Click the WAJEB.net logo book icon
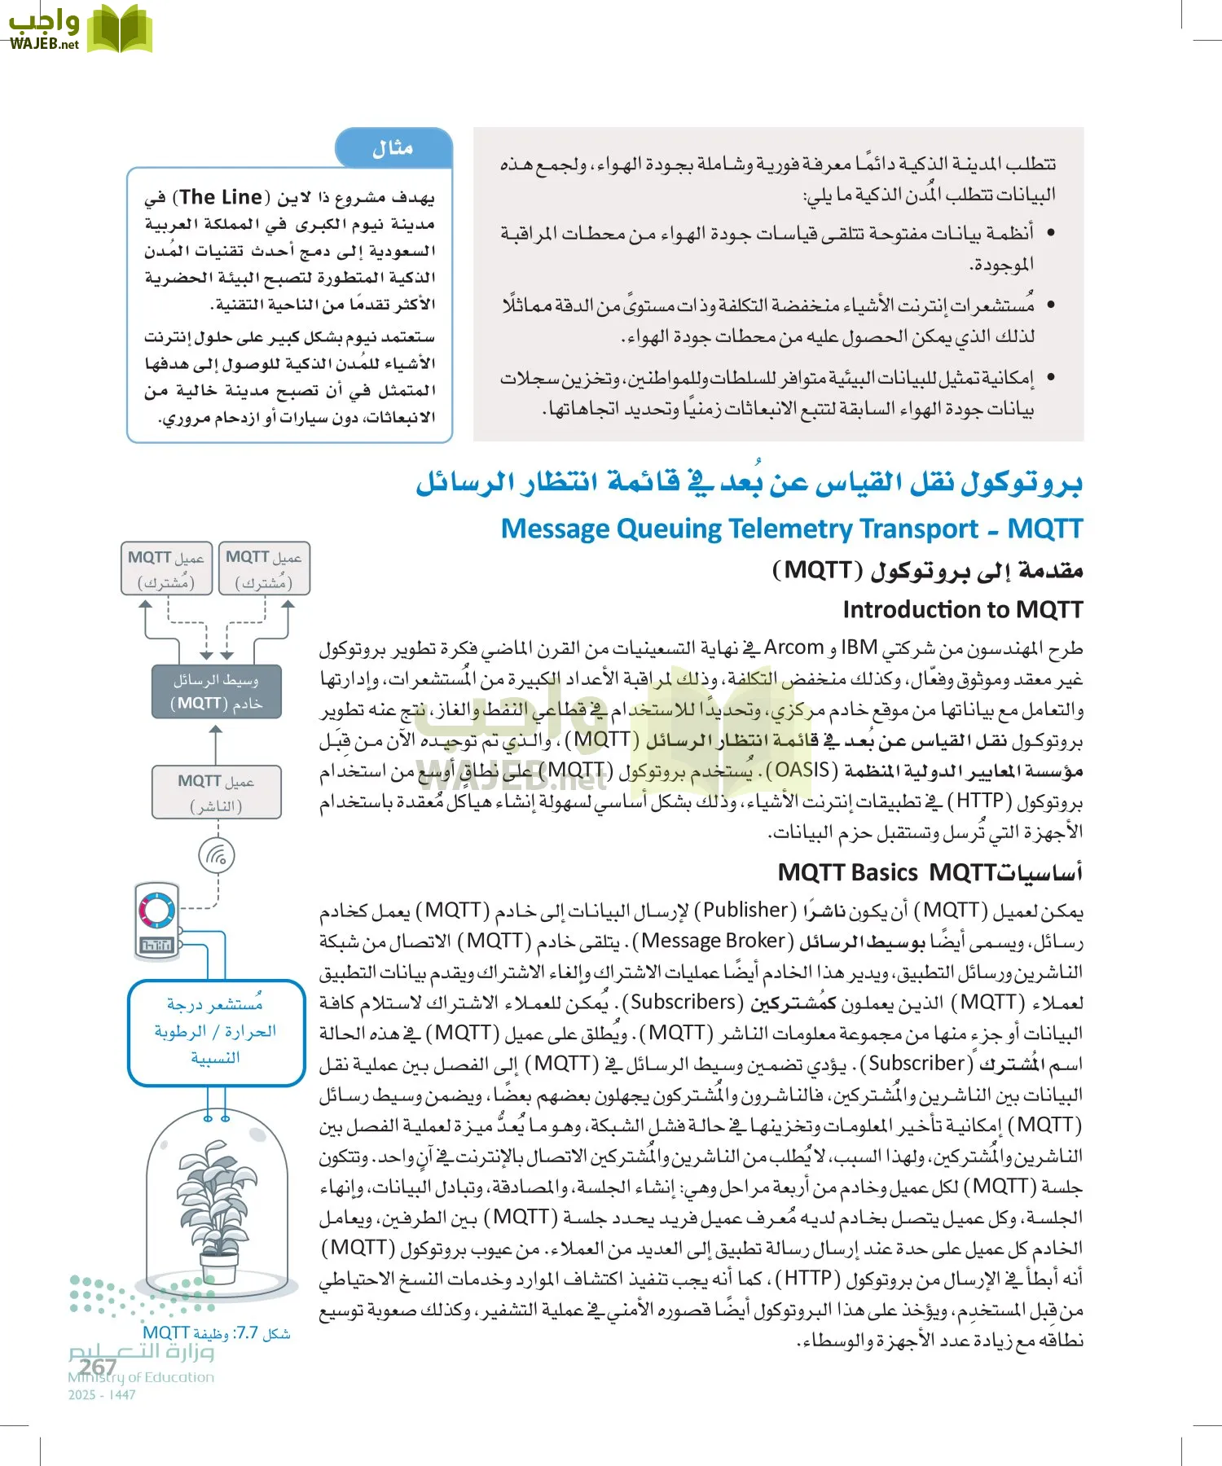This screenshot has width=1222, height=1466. (x=119, y=30)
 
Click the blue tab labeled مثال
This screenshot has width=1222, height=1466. (x=393, y=148)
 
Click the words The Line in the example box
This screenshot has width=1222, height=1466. (x=221, y=197)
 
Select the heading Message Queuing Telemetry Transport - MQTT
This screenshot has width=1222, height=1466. (x=791, y=529)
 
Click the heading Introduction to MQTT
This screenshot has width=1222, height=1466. (x=962, y=609)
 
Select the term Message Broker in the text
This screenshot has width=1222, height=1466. (x=713, y=941)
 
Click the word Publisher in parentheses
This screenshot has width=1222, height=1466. (x=745, y=910)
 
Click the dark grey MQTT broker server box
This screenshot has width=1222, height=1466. (x=216, y=691)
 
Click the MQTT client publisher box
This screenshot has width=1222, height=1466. (x=216, y=792)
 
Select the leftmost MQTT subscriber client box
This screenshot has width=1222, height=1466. (x=166, y=568)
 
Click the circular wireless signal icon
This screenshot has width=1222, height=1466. (x=217, y=856)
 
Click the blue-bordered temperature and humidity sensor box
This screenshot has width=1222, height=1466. (x=216, y=1032)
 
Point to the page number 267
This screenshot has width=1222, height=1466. (x=99, y=1367)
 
